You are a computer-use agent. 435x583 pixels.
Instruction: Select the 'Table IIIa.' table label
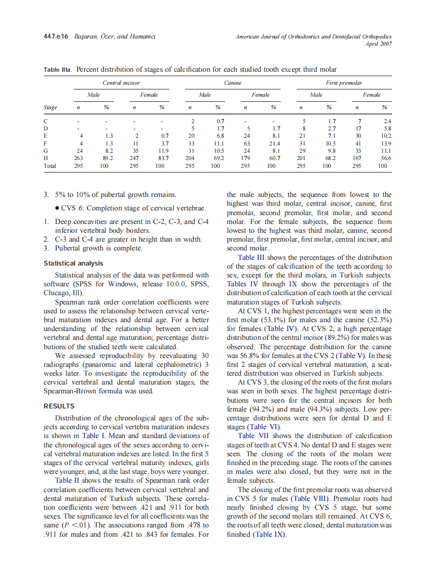point(58,70)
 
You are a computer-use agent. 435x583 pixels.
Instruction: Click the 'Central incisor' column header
point(121,83)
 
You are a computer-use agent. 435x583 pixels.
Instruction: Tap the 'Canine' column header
point(233,83)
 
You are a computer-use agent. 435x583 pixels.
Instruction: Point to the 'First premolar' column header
point(344,83)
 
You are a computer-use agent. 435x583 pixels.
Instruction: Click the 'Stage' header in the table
point(50,108)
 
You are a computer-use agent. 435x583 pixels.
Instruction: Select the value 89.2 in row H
point(107,158)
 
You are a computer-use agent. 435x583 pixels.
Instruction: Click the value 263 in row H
point(78,158)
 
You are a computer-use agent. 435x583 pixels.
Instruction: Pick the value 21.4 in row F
point(274,143)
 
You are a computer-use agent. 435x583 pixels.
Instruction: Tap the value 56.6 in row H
point(384,158)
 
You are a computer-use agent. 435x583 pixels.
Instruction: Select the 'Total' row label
point(50,166)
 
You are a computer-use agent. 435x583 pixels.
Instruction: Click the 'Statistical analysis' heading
point(73,263)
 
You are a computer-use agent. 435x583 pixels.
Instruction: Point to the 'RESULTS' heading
point(59,406)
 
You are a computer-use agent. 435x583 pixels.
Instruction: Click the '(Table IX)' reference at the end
point(269,534)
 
